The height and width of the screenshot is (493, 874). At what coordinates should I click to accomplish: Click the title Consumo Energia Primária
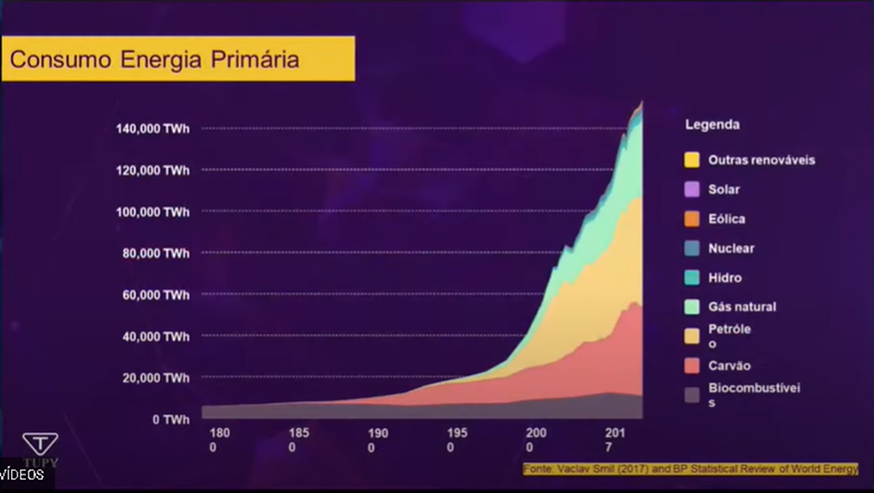(154, 59)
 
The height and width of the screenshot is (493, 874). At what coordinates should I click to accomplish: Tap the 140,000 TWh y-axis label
(152, 128)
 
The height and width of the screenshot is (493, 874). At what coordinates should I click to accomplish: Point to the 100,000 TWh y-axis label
(152, 212)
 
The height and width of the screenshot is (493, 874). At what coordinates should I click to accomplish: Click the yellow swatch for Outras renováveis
(691, 160)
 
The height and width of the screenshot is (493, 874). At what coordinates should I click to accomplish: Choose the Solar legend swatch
(691, 189)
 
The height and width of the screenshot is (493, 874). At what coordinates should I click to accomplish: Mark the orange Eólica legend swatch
(691, 219)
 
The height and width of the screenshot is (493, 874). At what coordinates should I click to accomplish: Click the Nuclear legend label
(731, 248)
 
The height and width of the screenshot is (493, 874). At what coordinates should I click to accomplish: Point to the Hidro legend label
(724, 278)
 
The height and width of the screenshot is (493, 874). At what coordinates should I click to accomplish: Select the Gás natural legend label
(741, 306)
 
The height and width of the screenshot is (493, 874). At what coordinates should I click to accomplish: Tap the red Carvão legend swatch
(691, 366)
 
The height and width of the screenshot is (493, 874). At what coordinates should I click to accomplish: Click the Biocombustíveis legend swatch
(691, 395)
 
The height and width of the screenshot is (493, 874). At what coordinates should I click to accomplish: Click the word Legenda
(712, 124)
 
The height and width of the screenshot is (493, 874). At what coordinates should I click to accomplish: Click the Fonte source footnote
(690, 469)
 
